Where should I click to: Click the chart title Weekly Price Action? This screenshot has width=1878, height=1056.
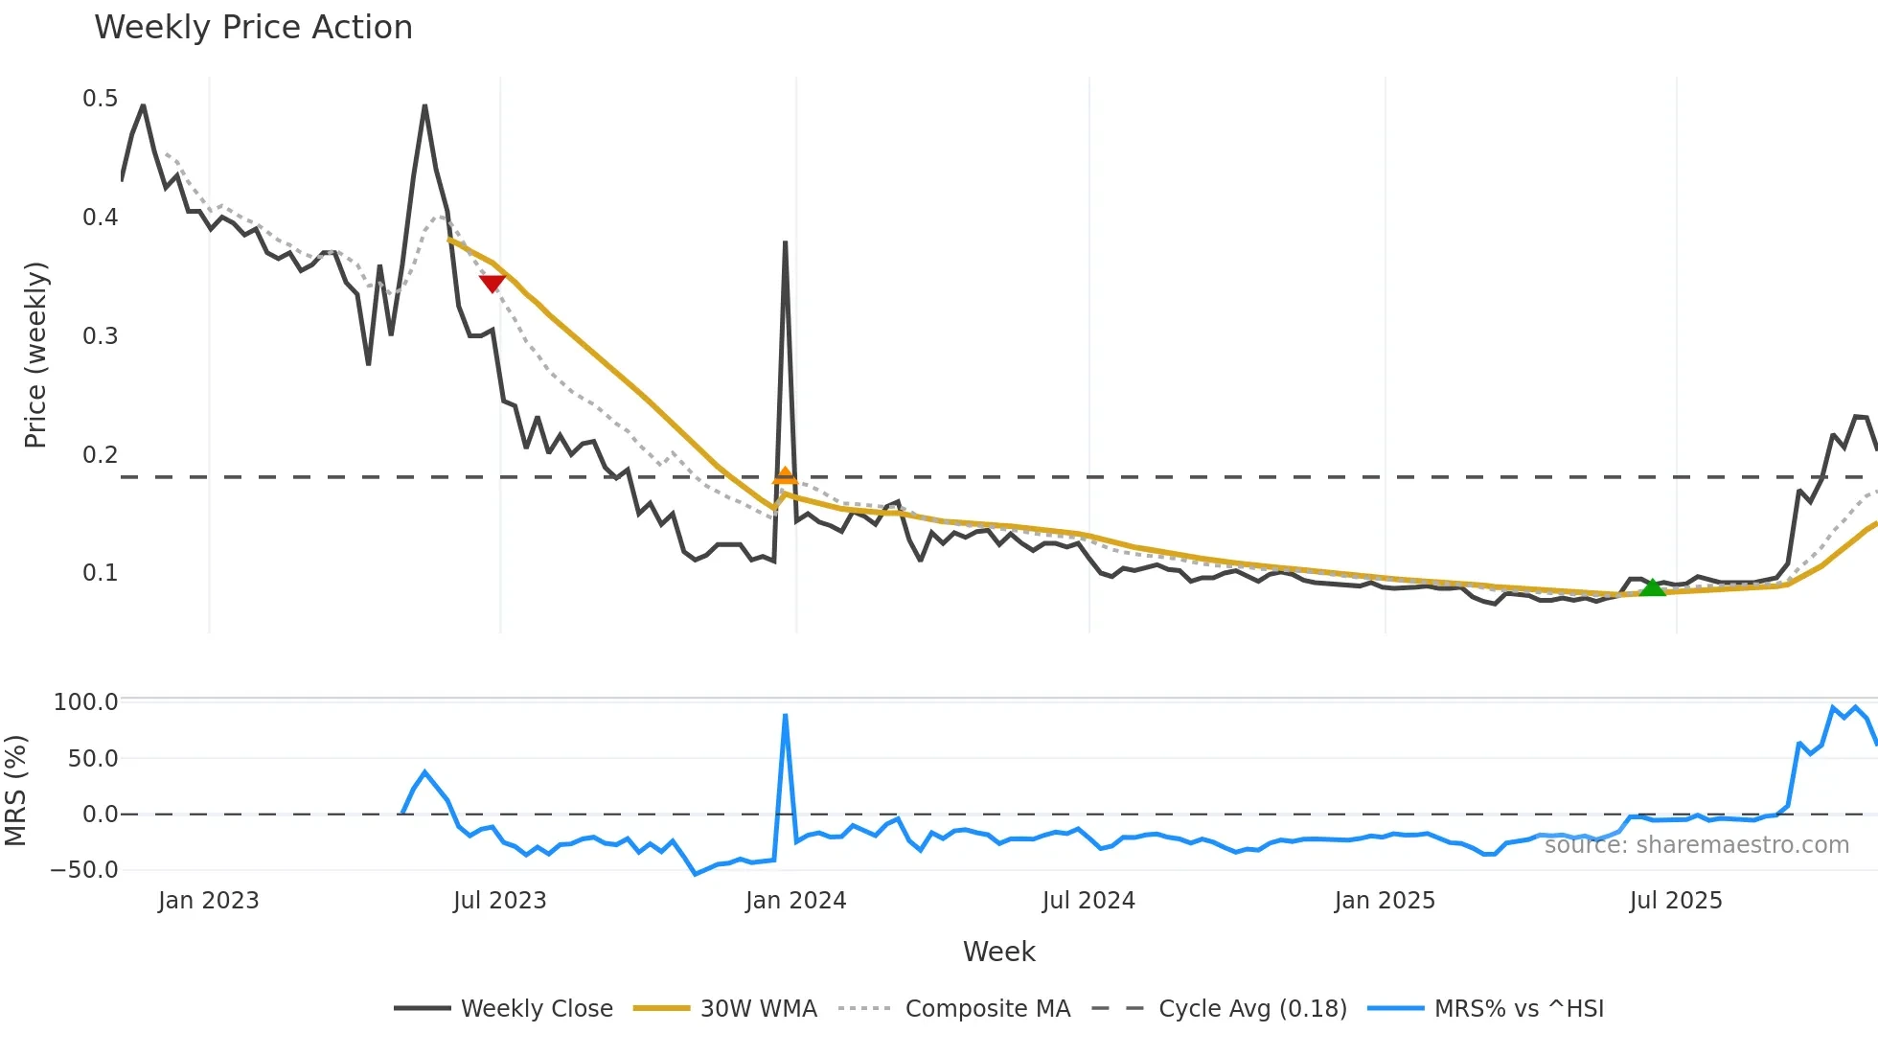(x=253, y=28)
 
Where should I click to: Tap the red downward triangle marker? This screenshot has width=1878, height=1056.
(x=492, y=283)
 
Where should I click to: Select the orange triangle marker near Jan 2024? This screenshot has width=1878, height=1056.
(x=785, y=475)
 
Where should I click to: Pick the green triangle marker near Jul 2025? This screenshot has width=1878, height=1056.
(x=1652, y=587)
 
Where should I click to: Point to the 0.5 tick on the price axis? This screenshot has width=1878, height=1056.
(x=100, y=99)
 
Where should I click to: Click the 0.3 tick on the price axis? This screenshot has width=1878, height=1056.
(x=100, y=336)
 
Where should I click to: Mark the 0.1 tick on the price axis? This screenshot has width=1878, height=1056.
(x=100, y=573)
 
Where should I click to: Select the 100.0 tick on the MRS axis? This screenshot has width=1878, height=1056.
(x=85, y=702)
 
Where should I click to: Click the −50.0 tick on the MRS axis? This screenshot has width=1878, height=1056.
(x=84, y=870)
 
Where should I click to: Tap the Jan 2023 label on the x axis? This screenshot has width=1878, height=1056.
(x=208, y=901)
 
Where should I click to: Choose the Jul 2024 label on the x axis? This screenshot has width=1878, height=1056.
(x=1088, y=901)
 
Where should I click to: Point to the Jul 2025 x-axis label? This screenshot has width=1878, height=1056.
(x=1676, y=901)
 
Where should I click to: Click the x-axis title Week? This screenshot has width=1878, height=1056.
(x=998, y=952)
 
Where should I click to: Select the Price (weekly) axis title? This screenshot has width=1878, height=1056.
(x=35, y=355)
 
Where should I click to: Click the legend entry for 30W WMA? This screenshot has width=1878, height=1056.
(x=758, y=1009)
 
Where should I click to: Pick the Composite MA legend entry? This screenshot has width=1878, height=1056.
(x=987, y=1009)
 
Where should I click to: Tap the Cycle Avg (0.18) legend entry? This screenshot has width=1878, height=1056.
(x=1252, y=1009)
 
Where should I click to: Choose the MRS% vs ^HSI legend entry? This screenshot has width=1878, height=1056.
(x=1519, y=1009)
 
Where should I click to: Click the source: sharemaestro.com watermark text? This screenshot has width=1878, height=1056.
(x=1696, y=845)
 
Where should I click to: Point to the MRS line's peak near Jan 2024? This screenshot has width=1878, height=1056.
(x=785, y=715)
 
